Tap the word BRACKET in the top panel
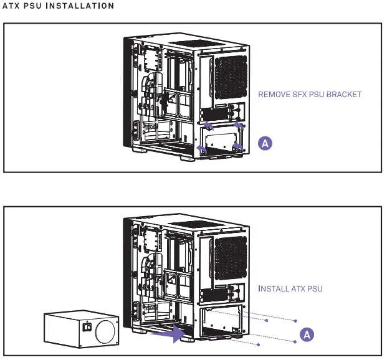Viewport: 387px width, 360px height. pos(345,95)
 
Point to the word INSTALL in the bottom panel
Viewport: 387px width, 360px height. pos(274,289)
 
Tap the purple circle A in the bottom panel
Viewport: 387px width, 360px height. pos(306,334)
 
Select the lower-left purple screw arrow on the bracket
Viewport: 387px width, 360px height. pos(201,148)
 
